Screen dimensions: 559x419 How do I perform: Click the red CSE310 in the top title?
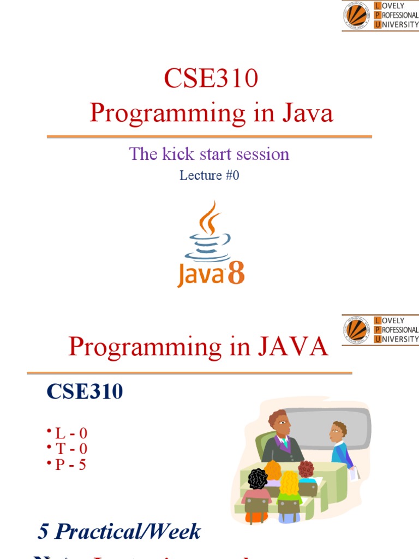pos(210,80)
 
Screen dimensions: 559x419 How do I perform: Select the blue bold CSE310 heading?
pos(85,391)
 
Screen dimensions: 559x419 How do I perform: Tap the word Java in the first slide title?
pos(308,114)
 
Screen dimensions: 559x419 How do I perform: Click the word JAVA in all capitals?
pos(294,347)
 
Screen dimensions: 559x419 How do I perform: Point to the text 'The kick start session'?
pos(209,154)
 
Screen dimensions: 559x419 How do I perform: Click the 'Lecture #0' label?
pos(209,176)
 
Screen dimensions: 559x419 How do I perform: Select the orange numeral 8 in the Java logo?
pos(236,275)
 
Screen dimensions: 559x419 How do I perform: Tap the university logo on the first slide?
pos(356,15)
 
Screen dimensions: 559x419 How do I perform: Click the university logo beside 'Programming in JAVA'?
pos(356,329)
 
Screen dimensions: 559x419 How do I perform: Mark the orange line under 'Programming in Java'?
pos(209,136)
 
